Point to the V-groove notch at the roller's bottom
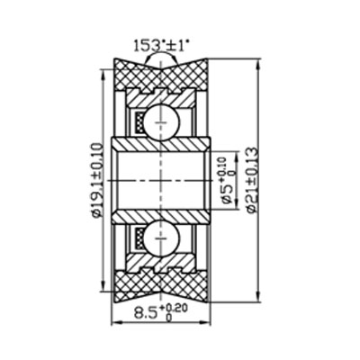[x=162, y=285]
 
